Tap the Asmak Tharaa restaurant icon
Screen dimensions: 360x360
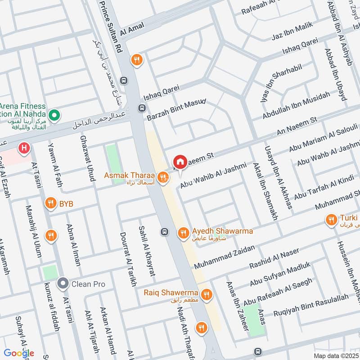(164, 179)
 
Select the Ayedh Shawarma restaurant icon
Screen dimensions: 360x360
(182, 232)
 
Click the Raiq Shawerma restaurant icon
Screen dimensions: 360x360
(207, 294)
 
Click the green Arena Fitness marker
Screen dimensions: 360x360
(54, 116)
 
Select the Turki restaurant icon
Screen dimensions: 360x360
(332, 220)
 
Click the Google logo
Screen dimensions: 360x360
(19, 353)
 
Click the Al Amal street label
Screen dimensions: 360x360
(131, 29)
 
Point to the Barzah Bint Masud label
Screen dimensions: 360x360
(176, 110)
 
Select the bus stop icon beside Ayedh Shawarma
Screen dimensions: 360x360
(164, 232)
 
